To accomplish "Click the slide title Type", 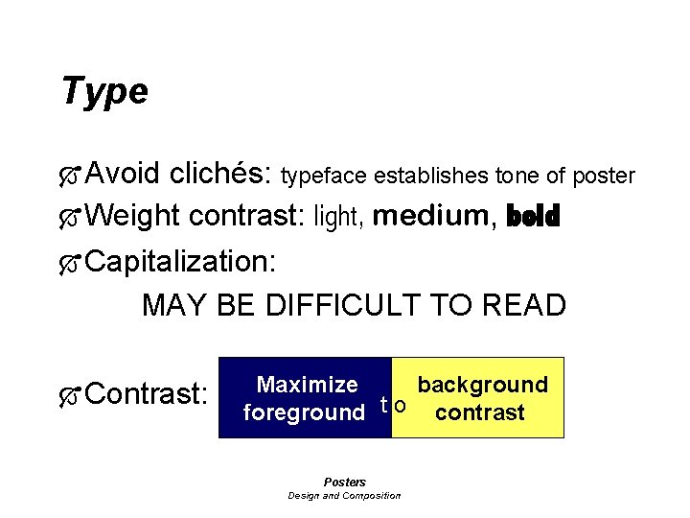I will pos(103,91).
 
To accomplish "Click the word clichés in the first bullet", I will pos(221,175).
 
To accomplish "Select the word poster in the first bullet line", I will pos(605,177).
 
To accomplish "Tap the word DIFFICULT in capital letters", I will pos(343,306).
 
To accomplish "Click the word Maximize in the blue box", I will pos(308,386).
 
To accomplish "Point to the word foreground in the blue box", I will pos(304,413).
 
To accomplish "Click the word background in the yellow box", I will pos(482,386).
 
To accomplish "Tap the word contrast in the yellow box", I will pos(479,413).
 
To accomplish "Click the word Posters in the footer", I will pos(344,482).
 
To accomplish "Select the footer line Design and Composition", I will pos(344,495).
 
